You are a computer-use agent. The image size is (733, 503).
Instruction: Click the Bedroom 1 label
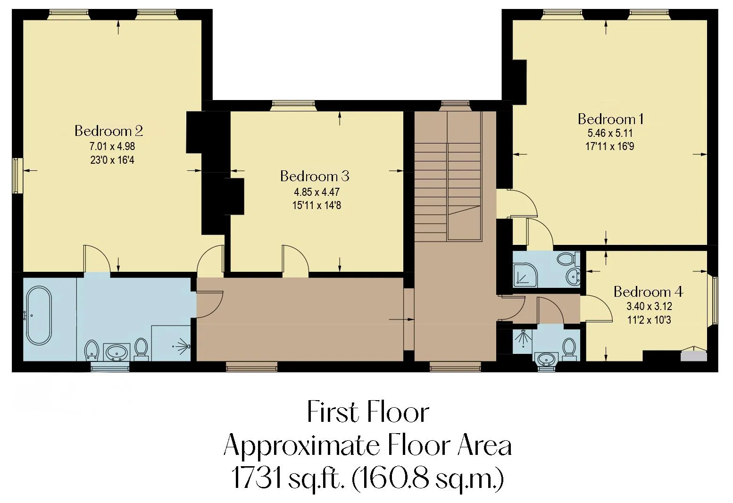coord(611,119)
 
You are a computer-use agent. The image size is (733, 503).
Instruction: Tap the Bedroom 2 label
coord(108,131)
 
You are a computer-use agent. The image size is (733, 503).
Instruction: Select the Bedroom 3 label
coord(315,176)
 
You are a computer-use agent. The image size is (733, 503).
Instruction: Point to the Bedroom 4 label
coord(648,292)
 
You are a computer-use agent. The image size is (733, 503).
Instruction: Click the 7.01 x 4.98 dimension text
coord(112,146)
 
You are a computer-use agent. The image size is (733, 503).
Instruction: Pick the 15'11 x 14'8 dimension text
coord(317,206)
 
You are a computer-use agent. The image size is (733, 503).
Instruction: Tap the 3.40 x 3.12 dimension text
coord(649,306)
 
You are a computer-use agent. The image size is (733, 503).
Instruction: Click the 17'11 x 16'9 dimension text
coord(610,146)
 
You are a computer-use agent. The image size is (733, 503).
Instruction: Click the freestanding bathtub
coord(39,316)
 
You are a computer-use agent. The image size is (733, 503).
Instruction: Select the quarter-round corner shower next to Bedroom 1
coord(525,275)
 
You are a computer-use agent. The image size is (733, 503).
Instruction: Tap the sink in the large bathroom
coord(116,352)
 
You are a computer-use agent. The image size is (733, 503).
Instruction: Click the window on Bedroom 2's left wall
coord(17,176)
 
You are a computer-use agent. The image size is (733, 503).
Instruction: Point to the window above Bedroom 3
coord(293,106)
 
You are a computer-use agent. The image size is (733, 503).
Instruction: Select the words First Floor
coord(368,412)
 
